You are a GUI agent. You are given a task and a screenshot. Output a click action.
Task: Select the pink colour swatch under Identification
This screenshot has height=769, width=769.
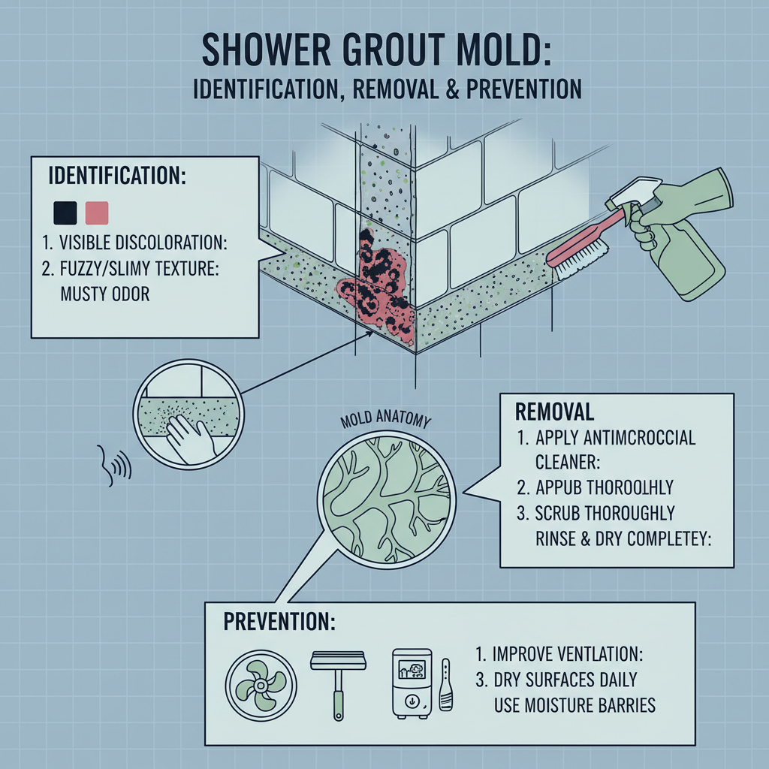pyautogui.click(x=98, y=213)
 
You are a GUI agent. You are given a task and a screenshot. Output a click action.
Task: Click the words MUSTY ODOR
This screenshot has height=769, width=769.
pyautogui.click(x=104, y=293)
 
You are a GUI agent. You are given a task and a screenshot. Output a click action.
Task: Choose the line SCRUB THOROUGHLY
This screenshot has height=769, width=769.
pyautogui.click(x=605, y=514)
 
